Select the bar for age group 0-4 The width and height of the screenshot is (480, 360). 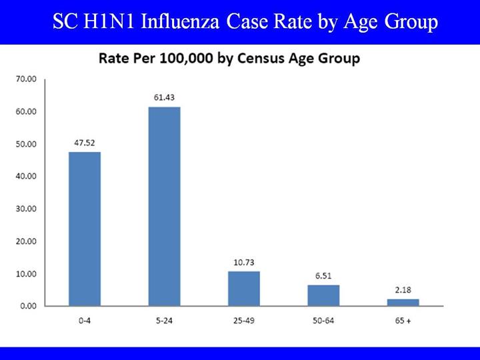pos(85,229)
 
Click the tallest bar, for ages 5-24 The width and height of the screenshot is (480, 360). pos(164,206)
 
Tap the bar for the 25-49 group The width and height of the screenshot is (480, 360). pos(244,288)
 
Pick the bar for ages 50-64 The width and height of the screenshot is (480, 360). pos(323,295)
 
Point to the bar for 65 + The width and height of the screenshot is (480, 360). pos(403,302)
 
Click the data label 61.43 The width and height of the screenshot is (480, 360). pos(164,97)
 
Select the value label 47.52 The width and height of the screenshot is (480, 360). pos(85,142)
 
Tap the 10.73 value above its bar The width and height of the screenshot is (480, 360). pos(244,262)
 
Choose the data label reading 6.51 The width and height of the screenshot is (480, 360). pos(323,275)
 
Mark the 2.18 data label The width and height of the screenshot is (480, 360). pos(403,289)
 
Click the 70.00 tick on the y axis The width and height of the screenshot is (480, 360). pos(25,79)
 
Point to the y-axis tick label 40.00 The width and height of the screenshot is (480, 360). pos(25,177)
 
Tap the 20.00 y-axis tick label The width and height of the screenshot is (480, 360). pos(25,241)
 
